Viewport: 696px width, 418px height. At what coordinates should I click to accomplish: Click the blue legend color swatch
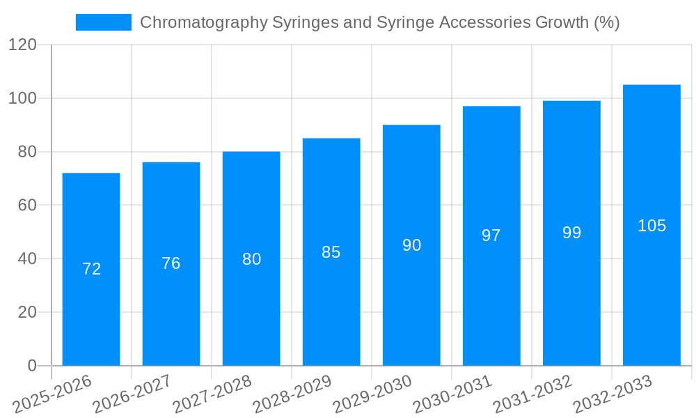103,22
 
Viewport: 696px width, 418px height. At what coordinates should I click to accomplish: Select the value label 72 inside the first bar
91,269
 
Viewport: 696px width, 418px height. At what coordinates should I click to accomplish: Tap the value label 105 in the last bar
651,226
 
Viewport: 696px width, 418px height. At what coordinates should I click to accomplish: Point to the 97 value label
491,235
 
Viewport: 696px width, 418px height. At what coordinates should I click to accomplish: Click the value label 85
331,252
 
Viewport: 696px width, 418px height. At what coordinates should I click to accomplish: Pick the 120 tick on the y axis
22,45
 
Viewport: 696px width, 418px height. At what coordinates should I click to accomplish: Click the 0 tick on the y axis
31,366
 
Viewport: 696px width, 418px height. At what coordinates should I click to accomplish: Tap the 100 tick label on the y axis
22,98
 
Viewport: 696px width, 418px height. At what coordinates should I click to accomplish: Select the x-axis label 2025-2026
52,394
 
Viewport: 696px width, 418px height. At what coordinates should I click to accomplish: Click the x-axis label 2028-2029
292,394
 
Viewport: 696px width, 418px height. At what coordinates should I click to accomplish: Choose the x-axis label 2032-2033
612,394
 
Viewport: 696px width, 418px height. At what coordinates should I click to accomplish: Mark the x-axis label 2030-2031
452,394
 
